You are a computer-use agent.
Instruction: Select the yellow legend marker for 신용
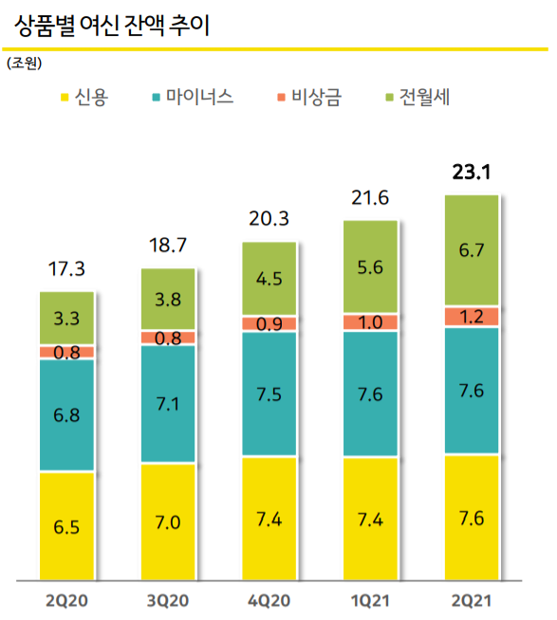click(x=65, y=97)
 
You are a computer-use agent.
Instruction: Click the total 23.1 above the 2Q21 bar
click(x=472, y=173)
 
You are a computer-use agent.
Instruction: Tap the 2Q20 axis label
click(x=66, y=600)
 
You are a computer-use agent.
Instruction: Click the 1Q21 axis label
click(x=369, y=600)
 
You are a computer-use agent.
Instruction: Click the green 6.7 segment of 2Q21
click(x=472, y=250)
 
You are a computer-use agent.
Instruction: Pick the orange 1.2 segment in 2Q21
click(x=472, y=317)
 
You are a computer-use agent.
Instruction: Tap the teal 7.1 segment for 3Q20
click(x=168, y=404)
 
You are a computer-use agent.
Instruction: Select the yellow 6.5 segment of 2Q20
click(x=66, y=525)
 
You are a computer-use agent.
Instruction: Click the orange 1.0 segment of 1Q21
click(x=369, y=322)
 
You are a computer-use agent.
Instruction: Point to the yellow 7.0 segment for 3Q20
click(x=168, y=521)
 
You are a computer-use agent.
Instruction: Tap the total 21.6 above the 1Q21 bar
click(x=369, y=198)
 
